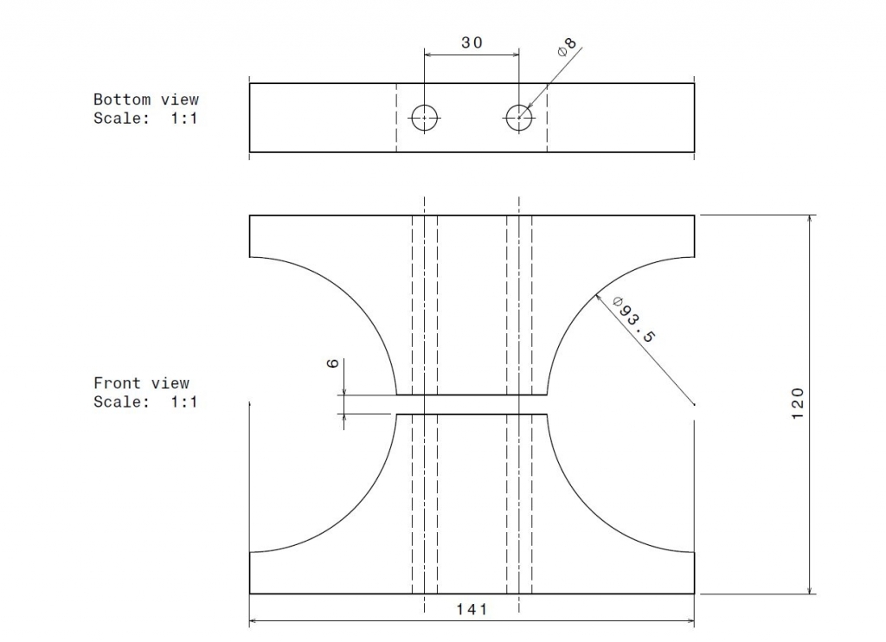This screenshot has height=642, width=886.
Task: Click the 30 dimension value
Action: click(472, 43)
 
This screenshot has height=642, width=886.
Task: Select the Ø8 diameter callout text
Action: click(567, 47)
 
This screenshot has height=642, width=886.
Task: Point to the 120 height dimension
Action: click(797, 403)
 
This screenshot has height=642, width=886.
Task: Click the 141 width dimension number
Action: click(472, 608)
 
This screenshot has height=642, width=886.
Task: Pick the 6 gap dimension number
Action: click(333, 363)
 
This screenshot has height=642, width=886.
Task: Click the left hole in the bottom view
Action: click(424, 118)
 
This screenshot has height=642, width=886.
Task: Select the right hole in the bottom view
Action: click(519, 118)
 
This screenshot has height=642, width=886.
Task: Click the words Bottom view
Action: click(145, 100)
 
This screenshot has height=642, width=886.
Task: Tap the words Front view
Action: click(141, 383)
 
